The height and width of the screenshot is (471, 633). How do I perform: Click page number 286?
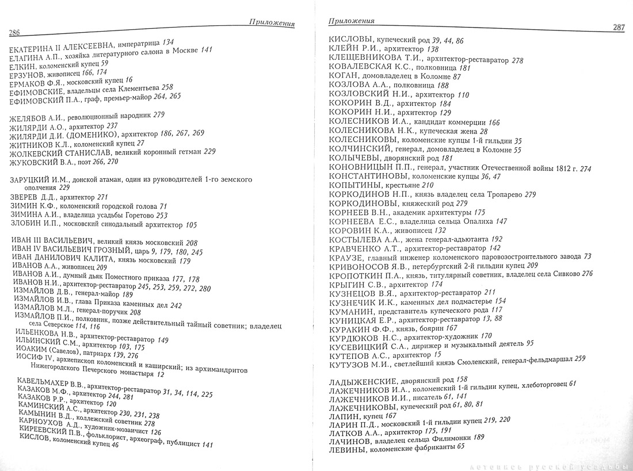tap(15, 32)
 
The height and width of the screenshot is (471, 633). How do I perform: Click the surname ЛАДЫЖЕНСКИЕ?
tap(362, 381)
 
